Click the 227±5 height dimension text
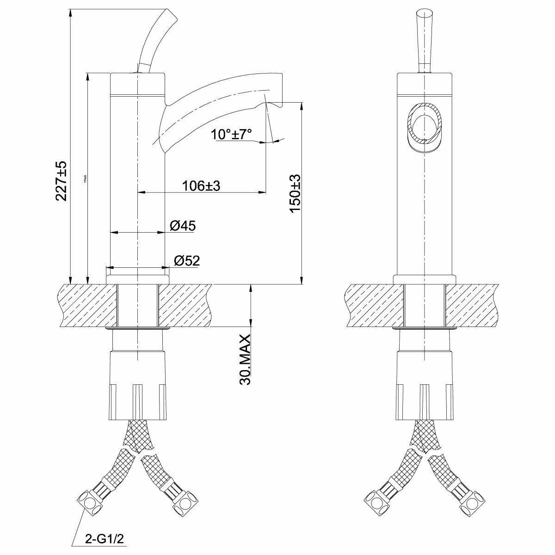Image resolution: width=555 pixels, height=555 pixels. click(x=62, y=181)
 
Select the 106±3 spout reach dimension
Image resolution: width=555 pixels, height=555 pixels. click(x=201, y=185)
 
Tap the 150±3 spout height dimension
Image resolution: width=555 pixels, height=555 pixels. click(x=295, y=194)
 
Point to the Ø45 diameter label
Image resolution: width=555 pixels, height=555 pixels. click(x=183, y=226)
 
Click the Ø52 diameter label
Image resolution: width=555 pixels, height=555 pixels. click(x=187, y=261)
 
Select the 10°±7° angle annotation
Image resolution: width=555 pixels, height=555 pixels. click(x=232, y=135)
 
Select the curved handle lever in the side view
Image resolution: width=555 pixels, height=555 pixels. click(x=154, y=39)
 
